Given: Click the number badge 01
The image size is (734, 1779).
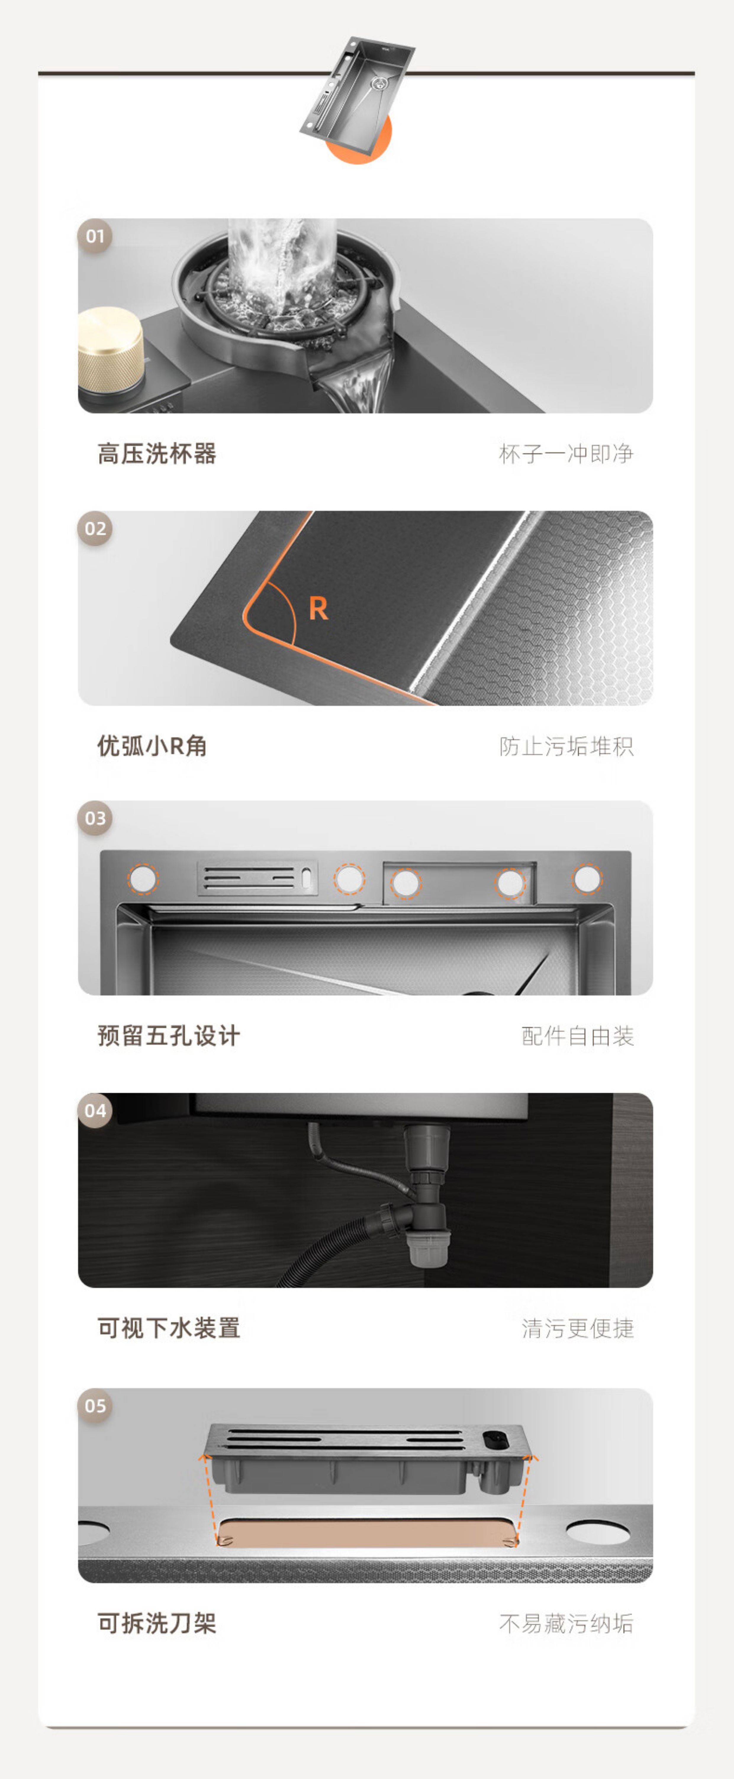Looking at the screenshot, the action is pyautogui.click(x=95, y=236).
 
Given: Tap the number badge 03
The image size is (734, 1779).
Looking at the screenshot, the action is pyautogui.click(x=95, y=818).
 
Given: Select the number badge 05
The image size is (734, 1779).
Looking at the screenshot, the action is pyautogui.click(x=95, y=1406).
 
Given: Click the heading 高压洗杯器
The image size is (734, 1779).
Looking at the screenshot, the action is pyautogui.click(x=157, y=454).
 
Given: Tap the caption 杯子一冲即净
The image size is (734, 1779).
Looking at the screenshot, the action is pyautogui.click(x=566, y=454).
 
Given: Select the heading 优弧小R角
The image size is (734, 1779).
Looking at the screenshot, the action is pyautogui.click(x=152, y=746).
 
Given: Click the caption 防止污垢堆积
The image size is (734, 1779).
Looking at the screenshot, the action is pyautogui.click(x=566, y=746).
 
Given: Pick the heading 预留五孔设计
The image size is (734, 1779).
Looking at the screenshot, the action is pyautogui.click(x=169, y=1036).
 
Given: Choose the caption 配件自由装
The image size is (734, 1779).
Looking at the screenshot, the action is pyautogui.click(x=578, y=1036).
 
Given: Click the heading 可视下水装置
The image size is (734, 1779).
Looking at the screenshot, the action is pyautogui.click(x=169, y=1328).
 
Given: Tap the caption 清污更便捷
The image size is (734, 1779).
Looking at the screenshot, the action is pyautogui.click(x=578, y=1328).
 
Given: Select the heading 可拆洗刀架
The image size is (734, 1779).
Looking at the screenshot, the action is pyautogui.click(x=157, y=1623).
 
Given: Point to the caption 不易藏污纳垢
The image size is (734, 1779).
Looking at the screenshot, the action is pyautogui.click(x=566, y=1623).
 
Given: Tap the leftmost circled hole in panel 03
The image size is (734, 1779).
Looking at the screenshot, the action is pyautogui.click(x=143, y=879).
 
